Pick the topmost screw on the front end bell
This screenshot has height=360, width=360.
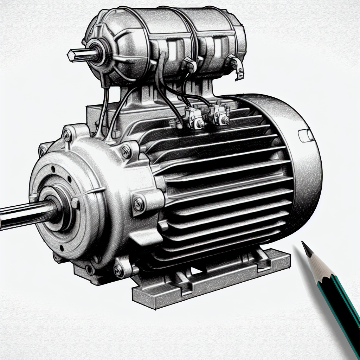point(66,135)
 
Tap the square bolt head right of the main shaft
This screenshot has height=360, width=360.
point(75,202)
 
